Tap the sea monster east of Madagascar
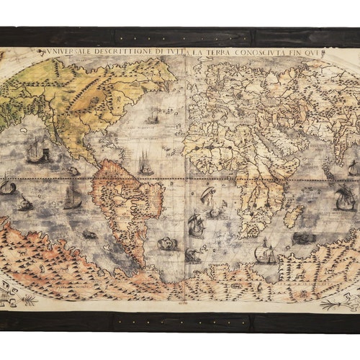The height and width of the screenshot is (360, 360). point(305,237)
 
